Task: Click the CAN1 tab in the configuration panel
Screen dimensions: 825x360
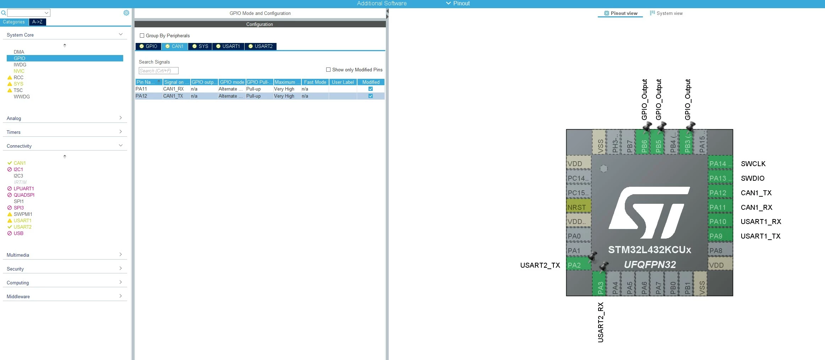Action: pyautogui.click(x=175, y=47)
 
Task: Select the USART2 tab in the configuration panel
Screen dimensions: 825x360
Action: pyautogui.click(x=261, y=47)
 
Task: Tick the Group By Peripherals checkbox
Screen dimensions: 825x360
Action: pyautogui.click(x=142, y=36)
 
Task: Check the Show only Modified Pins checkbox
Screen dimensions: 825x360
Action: pyautogui.click(x=328, y=70)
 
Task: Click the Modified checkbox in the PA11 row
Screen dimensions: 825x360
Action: pyautogui.click(x=371, y=89)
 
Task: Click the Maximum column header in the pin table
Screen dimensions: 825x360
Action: pyautogui.click(x=288, y=82)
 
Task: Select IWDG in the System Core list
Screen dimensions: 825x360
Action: pyautogui.click(x=20, y=65)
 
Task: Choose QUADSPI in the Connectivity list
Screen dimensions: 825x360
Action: pyautogui.click(x=24, y=195)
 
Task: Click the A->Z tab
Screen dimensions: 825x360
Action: pyautogui.click(x=37, y=22)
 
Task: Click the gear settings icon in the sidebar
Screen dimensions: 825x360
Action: pyautogui.click(x=126, y=13)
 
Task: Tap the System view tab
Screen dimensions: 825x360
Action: pyautogui.click(x=666, y=13)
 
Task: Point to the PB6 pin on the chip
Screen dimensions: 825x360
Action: pyautogui.click(x=644, y=142)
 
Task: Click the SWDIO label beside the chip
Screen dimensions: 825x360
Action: pyautogui.click(x=753, y=178)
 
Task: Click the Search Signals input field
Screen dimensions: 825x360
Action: pyautogui.click(x=158, y=71)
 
